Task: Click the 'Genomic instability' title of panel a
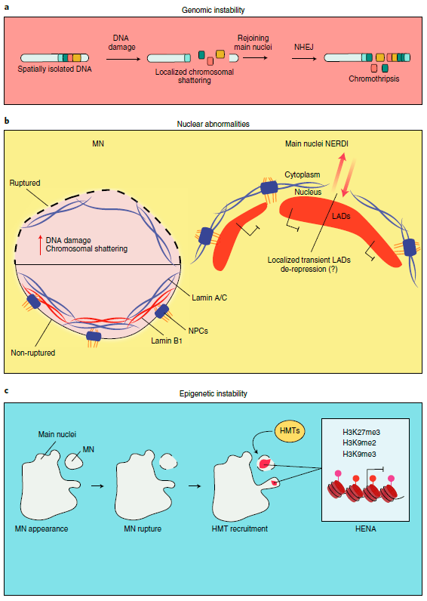click(x=213, y=11)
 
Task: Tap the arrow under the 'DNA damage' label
click(x=121, y=59)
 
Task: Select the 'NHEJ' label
click(x=304, y=47)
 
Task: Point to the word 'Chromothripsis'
click(x=373, y=79)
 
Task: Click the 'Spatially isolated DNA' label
click(x=55, y=69)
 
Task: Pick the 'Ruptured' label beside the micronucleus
click(x=25, y=183)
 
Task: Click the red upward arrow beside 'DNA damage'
click(x=40, y=245)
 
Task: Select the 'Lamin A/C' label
click(x=209, y=297)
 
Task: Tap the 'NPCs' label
click(x=198, y=331)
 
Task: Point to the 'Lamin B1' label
click(x=167, y=341)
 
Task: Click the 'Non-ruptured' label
click(x=33, y=353)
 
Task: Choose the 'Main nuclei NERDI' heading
click(x=317, y=143)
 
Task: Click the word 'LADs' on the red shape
click(x=341, y=216)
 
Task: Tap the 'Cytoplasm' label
click(x=303, y=174)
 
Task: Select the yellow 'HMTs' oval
click(x=290, y=431)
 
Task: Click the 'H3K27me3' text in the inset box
click(x=361, y=433)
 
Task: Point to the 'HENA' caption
click(x=365, y=529)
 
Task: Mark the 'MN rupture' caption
click(x=143, y=529)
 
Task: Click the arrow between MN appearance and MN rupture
click(x=97, y=486)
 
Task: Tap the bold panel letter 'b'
click(x=7, y=121)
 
